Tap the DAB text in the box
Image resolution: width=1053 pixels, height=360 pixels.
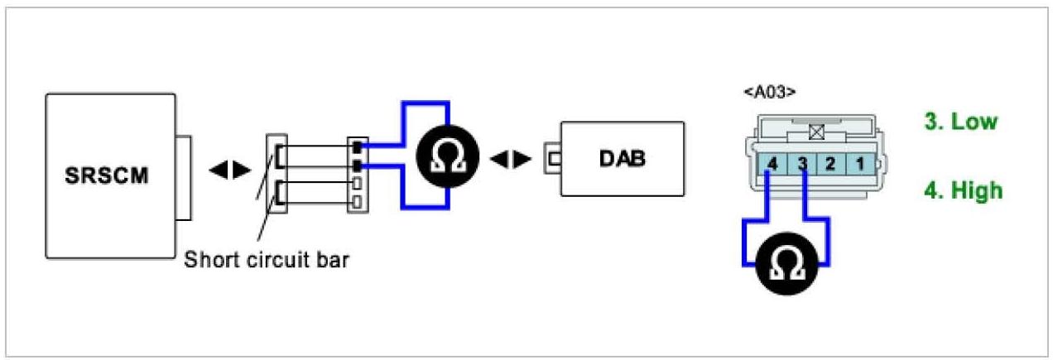(x=623, y=159)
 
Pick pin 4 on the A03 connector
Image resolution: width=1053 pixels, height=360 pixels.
(x=772, y=164)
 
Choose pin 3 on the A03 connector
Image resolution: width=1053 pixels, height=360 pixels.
(x=801, y=164)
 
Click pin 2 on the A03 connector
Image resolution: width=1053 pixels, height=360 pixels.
(x=830, y=164)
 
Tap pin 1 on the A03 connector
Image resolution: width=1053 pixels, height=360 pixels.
(x=859, y=164)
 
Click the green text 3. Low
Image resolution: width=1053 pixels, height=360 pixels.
(x=961, y=122)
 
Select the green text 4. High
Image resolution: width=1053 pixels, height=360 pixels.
(x=963, y=191)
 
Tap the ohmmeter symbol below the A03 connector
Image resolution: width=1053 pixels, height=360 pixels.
(x=787, y=261)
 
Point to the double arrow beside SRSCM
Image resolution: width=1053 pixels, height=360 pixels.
(x=229, y=170)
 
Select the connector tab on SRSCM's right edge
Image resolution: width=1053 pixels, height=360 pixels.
(x=184, y=176)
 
